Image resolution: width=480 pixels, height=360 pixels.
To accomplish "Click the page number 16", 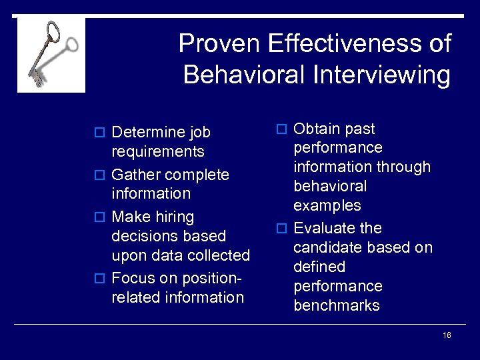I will point(447,335).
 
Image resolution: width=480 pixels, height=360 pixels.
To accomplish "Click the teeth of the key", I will point(36,79).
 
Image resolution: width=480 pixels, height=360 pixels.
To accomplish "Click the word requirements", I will point(158,152).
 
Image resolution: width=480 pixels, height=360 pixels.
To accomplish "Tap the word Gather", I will point(136,175).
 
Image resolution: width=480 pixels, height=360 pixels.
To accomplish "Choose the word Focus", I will point(133,278).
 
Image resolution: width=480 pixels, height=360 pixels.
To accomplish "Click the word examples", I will point(327,205).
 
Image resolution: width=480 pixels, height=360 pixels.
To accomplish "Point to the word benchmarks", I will point(337,305).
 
